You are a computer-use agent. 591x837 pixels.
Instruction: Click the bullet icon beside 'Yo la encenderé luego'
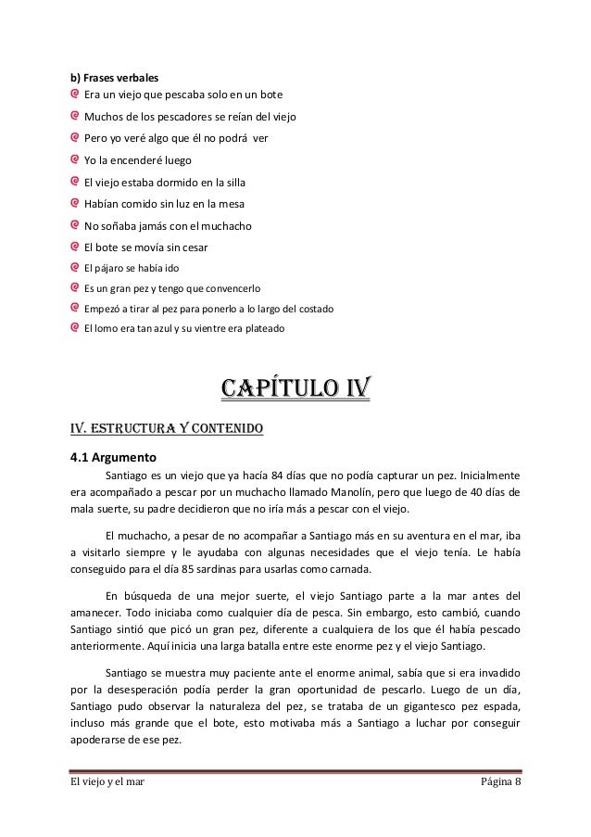(75, 158)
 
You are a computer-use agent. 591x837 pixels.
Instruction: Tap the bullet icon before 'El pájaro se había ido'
(75, 268)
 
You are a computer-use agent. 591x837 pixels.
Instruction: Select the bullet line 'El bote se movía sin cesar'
(145, 247)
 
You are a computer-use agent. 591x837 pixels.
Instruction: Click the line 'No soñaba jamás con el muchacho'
(168, 225)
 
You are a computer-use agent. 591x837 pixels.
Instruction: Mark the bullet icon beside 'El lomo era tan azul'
(75, 328)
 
